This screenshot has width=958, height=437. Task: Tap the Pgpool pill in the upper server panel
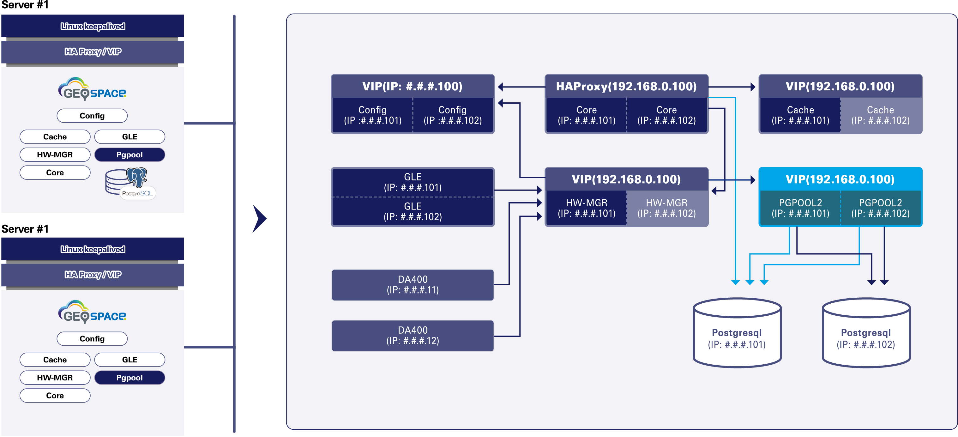point(130,155)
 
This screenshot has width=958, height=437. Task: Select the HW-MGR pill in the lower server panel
point(55,378)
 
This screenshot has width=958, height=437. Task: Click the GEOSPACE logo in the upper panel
point(92,89)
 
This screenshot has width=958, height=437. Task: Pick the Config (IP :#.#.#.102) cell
point(453,115)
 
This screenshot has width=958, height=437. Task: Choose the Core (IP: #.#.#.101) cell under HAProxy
point(587,115)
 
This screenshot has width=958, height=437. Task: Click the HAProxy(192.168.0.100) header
point(626,86)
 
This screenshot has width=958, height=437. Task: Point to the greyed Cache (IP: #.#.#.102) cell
point(880,115)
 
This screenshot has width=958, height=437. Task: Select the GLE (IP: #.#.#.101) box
point(413,182)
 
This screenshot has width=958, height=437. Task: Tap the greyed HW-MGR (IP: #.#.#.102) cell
point(666,208)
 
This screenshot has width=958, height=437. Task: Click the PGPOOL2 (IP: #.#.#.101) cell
point(800,208)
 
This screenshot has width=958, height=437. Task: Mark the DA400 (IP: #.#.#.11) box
point(413,284)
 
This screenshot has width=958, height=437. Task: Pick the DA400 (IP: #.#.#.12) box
point(413,336)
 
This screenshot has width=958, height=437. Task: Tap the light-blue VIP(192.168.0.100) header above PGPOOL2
point(840,179)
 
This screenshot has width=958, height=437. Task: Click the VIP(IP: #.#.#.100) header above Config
point(413,86)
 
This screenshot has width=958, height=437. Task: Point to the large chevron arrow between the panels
point(259,219)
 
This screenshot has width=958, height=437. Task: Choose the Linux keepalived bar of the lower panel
point(93,249)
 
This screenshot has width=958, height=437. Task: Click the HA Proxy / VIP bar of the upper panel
point(93,52)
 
